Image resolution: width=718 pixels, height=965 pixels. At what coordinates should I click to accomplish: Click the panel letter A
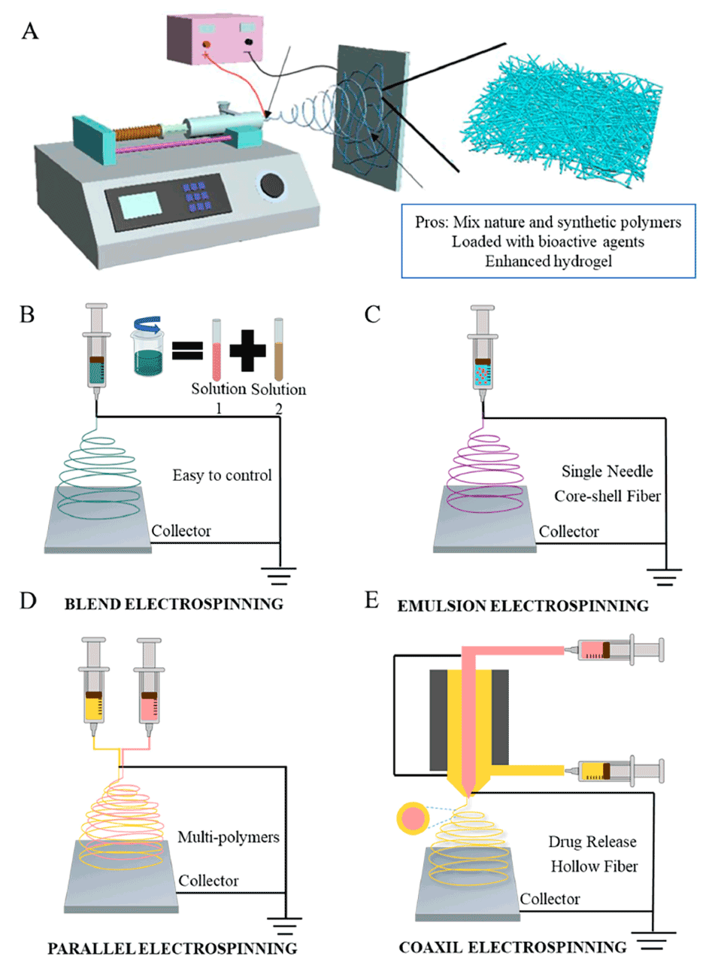click(x=30, y=31)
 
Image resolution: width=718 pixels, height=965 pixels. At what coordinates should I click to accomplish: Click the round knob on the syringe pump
click(x=271, y=185)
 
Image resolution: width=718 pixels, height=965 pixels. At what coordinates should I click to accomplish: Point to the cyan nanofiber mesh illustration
click(x=560, y=120)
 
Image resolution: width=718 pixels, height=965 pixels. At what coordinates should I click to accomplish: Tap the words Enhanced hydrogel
click(x=548, y=261)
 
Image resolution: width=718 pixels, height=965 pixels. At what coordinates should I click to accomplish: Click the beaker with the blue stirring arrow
click(x=147, y=347)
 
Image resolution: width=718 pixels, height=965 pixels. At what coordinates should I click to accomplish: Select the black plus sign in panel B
click(x=247, y=350)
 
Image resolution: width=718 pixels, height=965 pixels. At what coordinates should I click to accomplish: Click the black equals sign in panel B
click(x=187, y=350)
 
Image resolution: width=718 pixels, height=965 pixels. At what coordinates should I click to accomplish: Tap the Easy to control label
click(x=222, y=475)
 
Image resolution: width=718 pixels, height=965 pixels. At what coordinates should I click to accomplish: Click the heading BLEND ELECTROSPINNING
click(x=174, y=604)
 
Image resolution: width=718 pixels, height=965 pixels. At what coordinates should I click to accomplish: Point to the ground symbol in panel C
click(x=663, y=577)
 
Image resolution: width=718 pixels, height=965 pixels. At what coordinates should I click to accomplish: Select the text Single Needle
click(x=607, y=472)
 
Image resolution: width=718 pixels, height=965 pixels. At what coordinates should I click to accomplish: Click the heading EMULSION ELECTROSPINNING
click(x=523, y=606)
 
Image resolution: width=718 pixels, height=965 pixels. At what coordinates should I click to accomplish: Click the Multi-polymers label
click(x=228, y=837)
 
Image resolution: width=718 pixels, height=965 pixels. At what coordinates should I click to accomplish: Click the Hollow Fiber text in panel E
click(x=594, y=866)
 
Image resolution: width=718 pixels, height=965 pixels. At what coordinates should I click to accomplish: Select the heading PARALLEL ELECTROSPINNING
click(x=172, y=948)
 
